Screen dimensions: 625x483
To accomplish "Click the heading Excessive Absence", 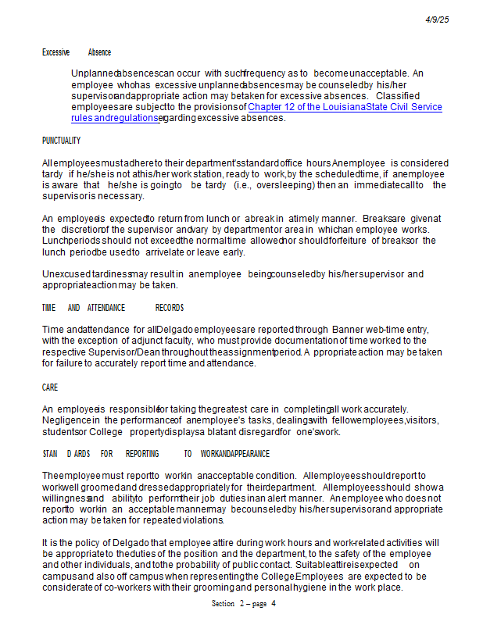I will click(x=76, y=52).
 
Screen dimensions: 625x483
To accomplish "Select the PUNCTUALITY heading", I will click(x=61, y=141).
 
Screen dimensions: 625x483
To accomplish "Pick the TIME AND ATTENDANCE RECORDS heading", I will click(x=113, y=308).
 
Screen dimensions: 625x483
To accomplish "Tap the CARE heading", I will click(x=50, y=387).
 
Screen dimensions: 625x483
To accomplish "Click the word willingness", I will click(x=66, y=498).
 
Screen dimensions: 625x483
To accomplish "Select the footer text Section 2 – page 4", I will click(x=243, y=604).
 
